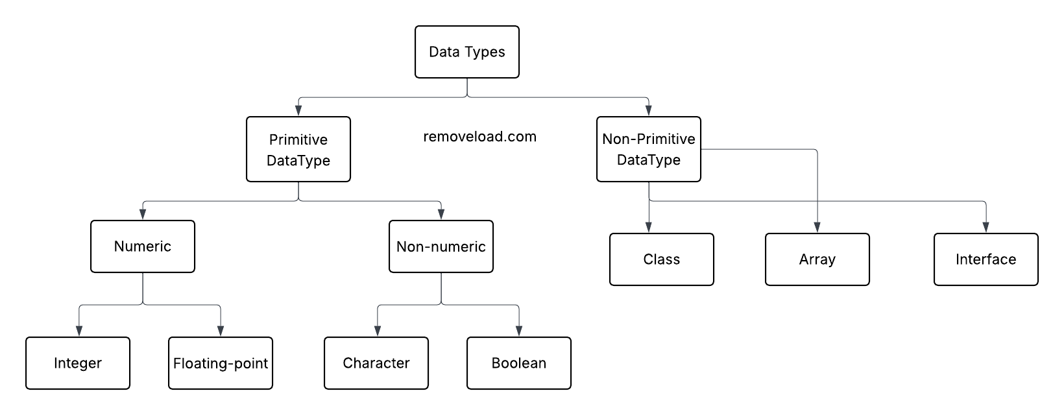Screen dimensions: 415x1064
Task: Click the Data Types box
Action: point(467,52)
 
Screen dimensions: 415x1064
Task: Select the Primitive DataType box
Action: point(298,149)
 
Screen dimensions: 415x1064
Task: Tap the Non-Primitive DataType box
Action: point(649,149)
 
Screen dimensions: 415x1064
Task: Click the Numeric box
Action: point(143,246)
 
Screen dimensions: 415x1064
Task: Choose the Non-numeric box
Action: point(441,246)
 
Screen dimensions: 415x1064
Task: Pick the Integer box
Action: point(78,363)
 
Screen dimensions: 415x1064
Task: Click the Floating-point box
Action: point(221,363)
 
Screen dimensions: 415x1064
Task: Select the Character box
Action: point(376,363)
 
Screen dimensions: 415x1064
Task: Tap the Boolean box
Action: point(519,363)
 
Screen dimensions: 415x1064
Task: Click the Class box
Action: point(662,259)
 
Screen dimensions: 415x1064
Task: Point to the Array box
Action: point(817,259)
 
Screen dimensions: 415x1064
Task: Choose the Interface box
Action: point(986,259)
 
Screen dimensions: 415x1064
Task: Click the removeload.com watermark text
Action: point(479,137)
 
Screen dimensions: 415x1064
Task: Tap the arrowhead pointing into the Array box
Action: point(817,228)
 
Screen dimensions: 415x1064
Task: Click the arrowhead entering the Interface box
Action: point(986,228)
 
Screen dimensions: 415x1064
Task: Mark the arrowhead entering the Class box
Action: point(649,228)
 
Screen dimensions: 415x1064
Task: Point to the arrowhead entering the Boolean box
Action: point(519,331)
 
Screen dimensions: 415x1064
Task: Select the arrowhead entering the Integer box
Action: point(78,331)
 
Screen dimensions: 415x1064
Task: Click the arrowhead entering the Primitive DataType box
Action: point(298,111)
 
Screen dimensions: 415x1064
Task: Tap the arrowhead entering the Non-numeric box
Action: point(441,215)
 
